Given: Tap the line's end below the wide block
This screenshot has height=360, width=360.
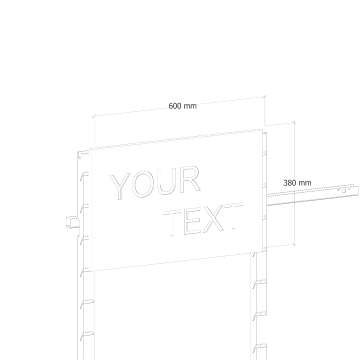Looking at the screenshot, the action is pos(267,243).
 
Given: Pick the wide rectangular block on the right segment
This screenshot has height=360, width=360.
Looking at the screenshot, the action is pos(296,182).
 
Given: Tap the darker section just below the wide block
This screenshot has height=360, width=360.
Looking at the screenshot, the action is pos(292,198).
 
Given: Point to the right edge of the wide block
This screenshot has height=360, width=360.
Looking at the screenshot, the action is pos(310,182).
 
